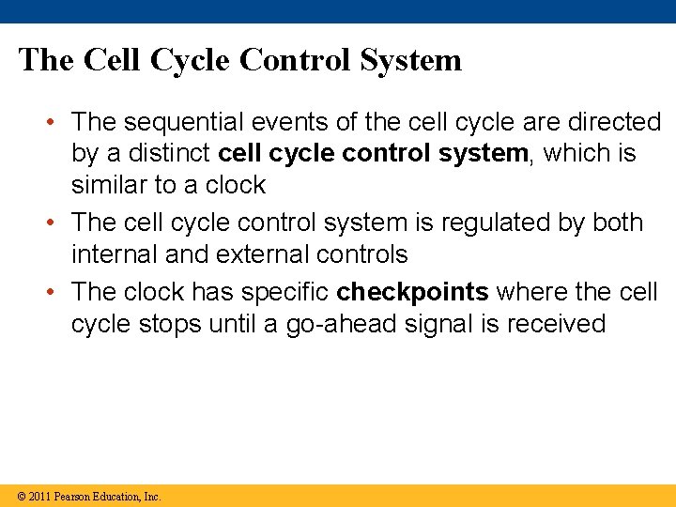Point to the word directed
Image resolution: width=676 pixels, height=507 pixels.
click(x=614, y=122)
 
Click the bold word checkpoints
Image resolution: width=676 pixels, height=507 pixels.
click(x=412, y=292)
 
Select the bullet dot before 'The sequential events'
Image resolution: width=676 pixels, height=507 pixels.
click(x=55, y=123)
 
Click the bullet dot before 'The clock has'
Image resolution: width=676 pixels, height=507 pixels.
click(x=55, y=293)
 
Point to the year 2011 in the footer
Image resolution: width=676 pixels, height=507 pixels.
click(x=39, y=497)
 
